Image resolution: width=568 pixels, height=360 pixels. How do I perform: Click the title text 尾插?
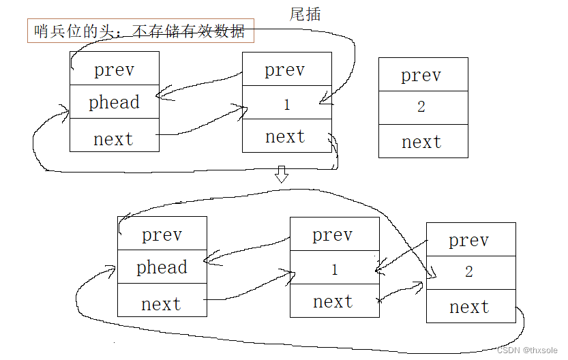coord(305,14)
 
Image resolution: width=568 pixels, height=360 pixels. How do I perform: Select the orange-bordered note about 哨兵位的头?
coord(140,31)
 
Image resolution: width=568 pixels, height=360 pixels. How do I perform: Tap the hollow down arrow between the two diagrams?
coord(281,175)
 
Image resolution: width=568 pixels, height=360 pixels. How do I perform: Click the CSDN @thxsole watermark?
coord(530,350)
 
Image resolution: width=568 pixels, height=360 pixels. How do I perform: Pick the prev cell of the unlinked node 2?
coord(423,75)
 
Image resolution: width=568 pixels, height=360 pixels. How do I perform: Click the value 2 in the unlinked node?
coord(421,107)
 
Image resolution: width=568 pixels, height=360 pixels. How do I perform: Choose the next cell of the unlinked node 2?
coord(423,142)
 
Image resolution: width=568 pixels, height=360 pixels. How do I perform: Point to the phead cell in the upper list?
coord(114,102)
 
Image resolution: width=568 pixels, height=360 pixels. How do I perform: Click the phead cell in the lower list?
coord(162,267)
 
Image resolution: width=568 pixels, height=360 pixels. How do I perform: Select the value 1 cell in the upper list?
coord(286,104)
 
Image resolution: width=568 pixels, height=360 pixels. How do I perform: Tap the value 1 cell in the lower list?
coord(334,269)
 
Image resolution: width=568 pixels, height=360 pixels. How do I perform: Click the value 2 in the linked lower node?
coord(469,272)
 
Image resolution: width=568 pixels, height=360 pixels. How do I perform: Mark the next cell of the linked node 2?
coord(470,307)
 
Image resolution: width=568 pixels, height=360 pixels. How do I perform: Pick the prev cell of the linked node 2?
coord(470,240)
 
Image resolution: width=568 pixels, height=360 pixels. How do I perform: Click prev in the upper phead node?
coord(114,70)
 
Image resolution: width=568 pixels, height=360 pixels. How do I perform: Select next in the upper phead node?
coord(114,139)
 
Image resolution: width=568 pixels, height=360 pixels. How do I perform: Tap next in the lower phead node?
coord(162,304)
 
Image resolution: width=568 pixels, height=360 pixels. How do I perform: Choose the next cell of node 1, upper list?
coord(286,136)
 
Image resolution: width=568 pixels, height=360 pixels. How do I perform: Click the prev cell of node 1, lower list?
coord(333,235)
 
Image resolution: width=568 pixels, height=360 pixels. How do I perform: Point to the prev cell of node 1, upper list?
coord(286,70)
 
